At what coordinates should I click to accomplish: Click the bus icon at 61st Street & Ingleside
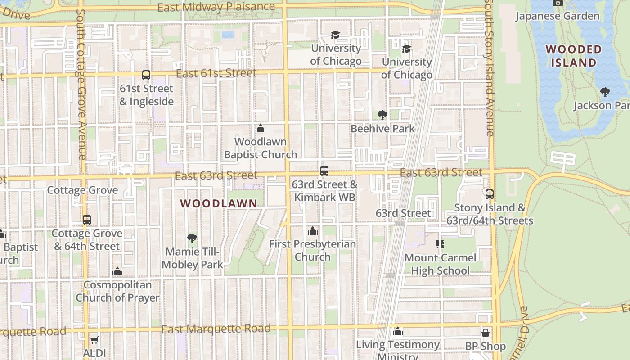146,75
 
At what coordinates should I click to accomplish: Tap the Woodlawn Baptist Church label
260,148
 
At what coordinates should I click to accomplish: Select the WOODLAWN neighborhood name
219,203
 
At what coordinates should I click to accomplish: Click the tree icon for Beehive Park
382,115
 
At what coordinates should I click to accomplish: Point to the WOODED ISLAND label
573,56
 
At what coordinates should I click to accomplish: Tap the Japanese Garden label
557,16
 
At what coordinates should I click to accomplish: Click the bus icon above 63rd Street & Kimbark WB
324,171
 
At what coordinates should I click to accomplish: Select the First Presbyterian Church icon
313,231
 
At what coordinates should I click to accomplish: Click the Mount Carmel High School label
440,264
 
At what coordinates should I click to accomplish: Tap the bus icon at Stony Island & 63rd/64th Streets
490,194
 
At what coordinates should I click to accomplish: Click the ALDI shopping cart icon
94,340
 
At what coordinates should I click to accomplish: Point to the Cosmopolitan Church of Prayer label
117,291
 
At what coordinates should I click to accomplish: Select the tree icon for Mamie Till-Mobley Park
192,238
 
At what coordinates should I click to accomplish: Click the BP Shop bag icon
486,333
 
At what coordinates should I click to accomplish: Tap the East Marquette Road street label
216,329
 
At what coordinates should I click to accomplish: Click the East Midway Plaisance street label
216,7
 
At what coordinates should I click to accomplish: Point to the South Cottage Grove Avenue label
81,85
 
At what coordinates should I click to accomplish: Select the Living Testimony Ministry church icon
397,332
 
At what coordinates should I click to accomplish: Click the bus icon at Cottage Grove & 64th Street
87,220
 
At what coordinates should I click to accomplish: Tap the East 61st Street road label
216,73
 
